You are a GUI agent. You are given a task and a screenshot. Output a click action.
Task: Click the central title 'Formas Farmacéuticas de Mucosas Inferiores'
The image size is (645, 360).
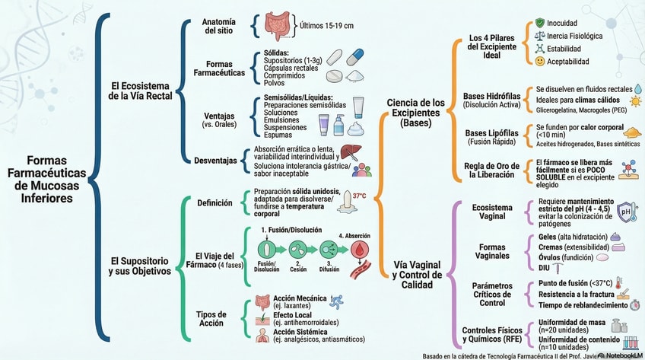48,180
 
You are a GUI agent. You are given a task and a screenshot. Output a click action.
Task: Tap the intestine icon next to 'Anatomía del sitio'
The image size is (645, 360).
278,27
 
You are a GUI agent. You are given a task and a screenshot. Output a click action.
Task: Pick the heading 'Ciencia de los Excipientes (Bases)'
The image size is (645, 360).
416,112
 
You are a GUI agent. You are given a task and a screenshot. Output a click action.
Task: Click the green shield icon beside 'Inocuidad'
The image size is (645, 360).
539,23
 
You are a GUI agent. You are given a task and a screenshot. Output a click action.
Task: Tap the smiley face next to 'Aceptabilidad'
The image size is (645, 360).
539,61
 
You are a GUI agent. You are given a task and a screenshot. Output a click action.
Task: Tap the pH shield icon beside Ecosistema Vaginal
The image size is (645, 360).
626,212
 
